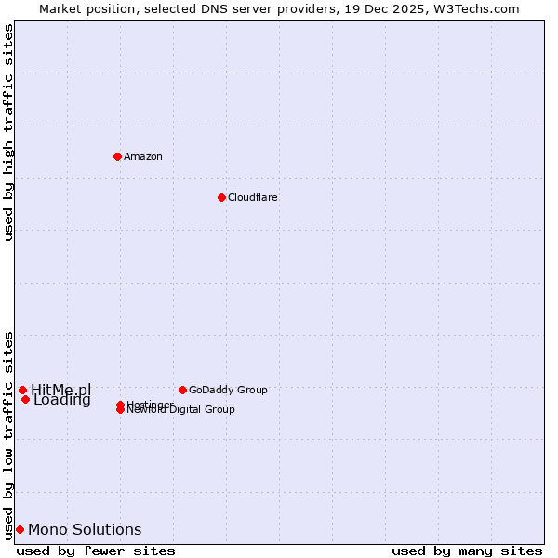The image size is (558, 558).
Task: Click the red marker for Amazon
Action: coord(117,156)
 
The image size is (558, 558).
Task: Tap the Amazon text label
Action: coord(143,156)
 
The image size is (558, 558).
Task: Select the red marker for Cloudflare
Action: coord(221,197)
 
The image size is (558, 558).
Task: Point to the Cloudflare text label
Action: coord(252,197)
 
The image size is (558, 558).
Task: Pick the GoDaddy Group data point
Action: coord(182,390)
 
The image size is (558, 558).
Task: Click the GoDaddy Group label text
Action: coord(228,390)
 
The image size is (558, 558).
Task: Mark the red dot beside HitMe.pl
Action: coord(22,390)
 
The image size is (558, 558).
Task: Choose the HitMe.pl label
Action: coord(61,390)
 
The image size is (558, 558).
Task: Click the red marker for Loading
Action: coord(25,399)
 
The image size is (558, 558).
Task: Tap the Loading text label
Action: coord(62,401)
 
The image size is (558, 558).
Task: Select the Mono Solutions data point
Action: coord(20,529)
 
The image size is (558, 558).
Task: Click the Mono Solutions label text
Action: coord(85,529)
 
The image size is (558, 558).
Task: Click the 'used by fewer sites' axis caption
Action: coord(96,551)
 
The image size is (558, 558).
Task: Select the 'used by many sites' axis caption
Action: coord(467,551)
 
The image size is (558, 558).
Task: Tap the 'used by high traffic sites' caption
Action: coord(9,132)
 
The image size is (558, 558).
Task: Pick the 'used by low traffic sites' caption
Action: coord(9,434)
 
